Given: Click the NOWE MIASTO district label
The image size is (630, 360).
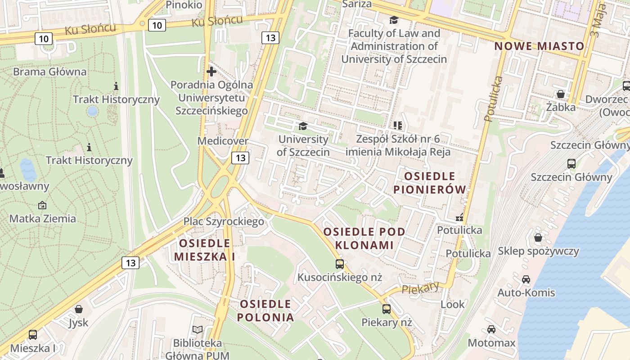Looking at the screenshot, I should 539,46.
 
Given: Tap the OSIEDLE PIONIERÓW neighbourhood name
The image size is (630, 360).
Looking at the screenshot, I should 430,183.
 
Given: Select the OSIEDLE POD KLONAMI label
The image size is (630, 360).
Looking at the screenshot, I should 364,238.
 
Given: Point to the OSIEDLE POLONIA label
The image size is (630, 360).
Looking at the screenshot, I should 265,310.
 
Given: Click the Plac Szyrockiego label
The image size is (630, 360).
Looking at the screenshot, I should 224,221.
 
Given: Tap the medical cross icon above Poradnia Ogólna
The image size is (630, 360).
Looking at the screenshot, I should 211,71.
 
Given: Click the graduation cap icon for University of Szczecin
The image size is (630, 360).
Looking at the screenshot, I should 303,126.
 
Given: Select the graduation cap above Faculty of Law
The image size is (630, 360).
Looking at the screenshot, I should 394,20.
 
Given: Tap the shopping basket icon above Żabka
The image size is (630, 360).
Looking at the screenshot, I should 561,94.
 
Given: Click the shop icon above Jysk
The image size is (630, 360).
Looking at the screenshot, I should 79,309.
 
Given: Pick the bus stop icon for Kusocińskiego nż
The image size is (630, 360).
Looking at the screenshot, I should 340,264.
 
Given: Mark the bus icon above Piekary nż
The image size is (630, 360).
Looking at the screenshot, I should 387,309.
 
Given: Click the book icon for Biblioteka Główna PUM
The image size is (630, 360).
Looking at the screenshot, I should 197,330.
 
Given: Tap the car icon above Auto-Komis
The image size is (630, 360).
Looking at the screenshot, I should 526,279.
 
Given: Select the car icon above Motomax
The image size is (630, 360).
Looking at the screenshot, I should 491,329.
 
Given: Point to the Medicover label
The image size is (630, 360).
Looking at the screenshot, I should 223,141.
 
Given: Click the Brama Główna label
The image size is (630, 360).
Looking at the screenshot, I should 49,72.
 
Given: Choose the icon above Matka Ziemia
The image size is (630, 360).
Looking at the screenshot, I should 42,205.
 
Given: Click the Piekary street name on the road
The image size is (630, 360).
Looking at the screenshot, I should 420,288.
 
